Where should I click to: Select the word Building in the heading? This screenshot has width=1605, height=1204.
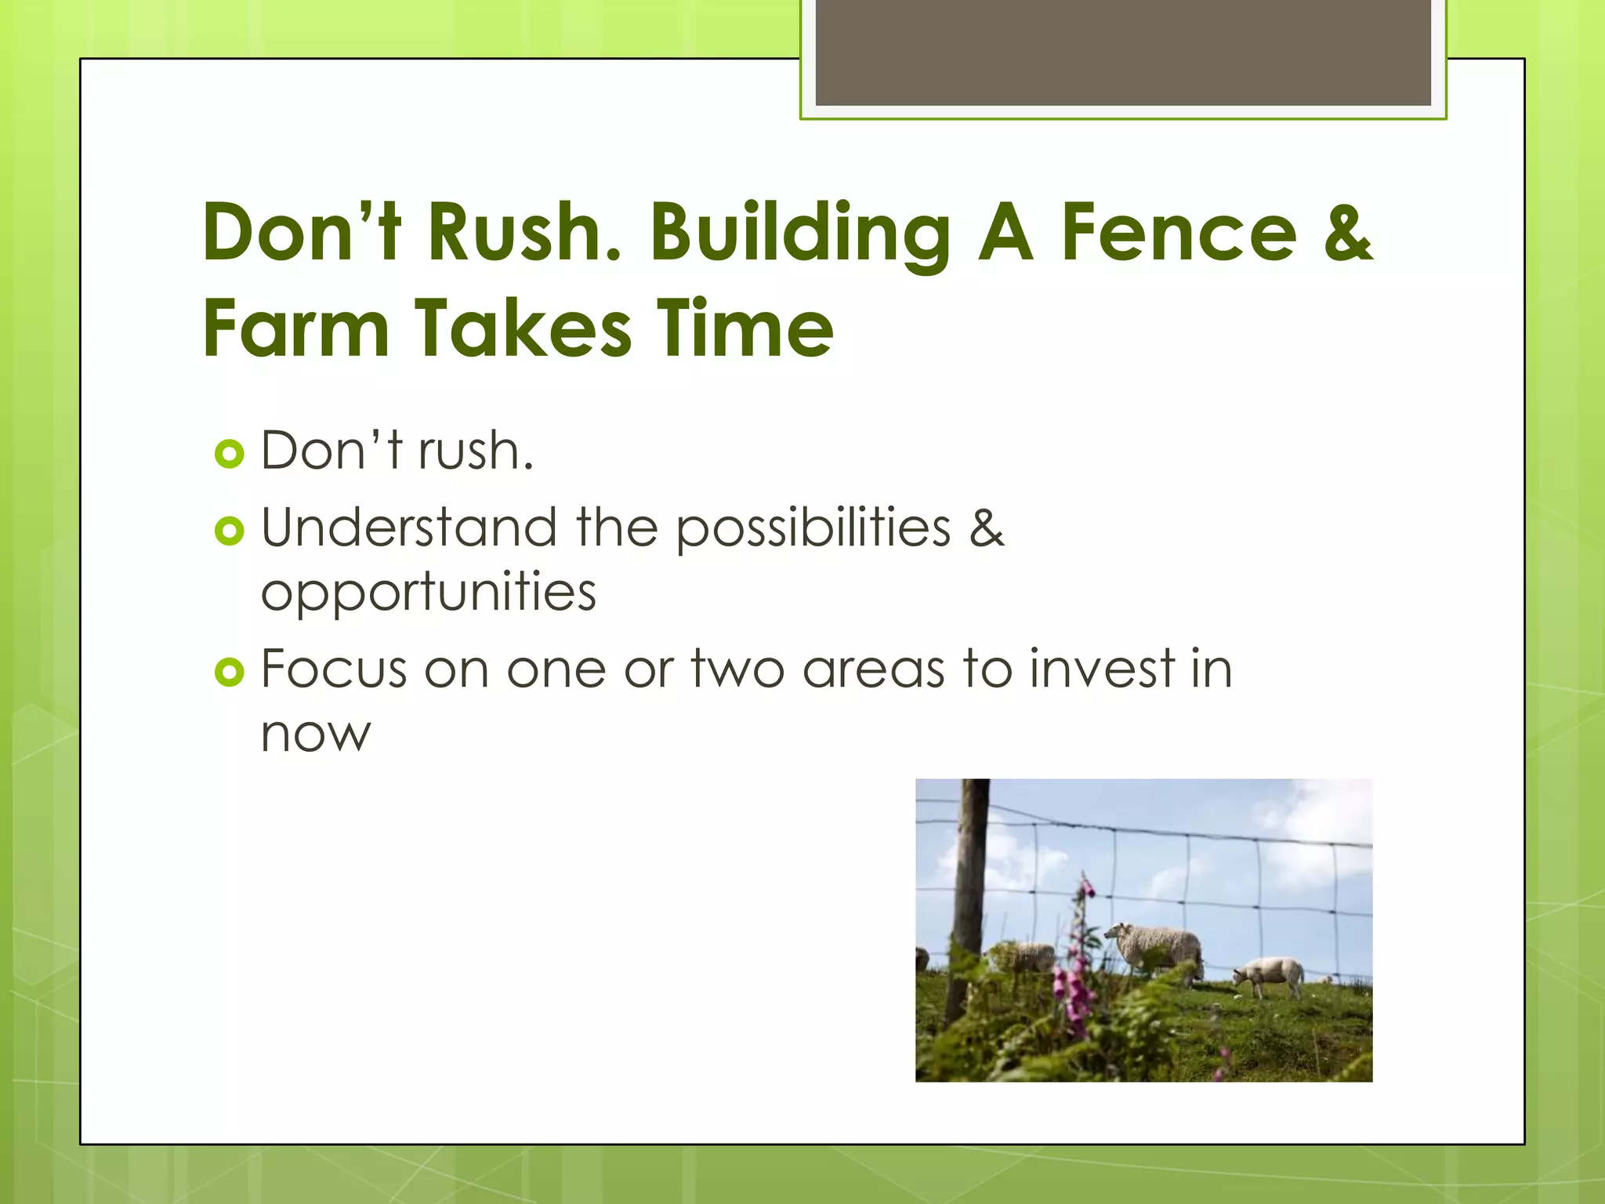(799, 233)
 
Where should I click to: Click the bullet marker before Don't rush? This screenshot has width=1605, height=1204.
(229, 454)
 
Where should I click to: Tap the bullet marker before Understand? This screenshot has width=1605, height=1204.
(229, 531)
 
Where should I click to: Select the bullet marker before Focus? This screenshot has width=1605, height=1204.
(229, 672)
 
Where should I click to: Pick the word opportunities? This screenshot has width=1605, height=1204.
(428, 593)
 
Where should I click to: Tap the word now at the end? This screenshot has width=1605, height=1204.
(315, 735)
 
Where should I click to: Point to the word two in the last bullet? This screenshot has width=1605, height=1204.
(737, 669)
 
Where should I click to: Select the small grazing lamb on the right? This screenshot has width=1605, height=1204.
(1268, 975)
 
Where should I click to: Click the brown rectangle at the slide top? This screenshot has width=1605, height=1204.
(1122, 52)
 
